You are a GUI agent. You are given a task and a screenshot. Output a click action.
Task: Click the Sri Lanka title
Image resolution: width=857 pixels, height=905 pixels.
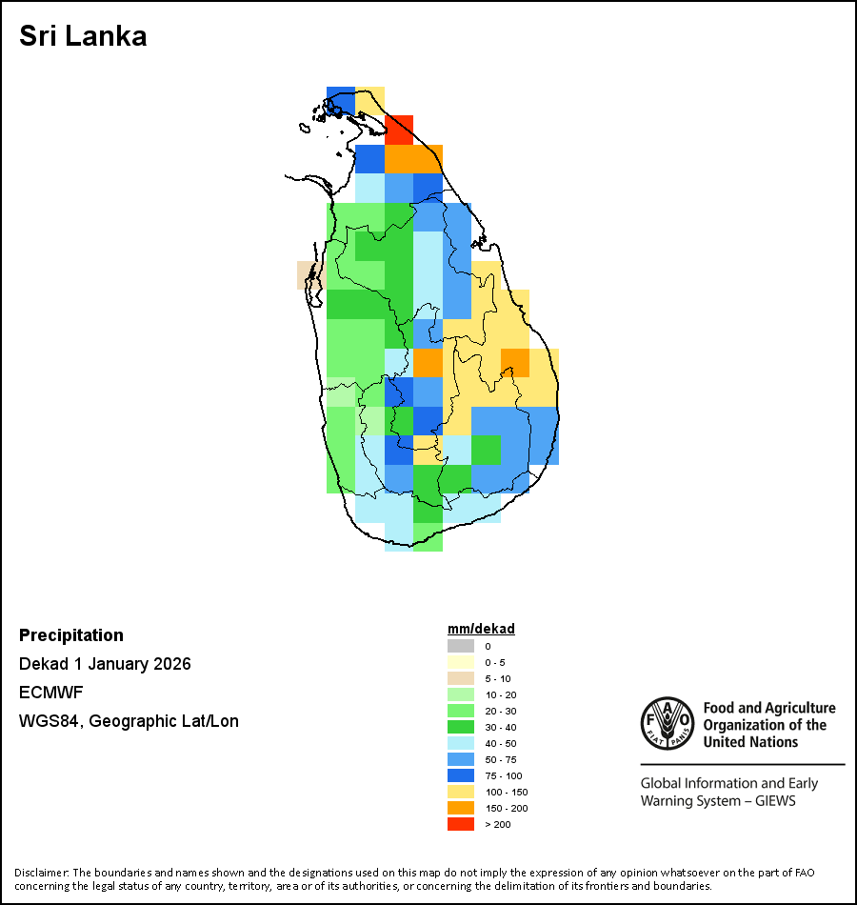(x=83, y=37)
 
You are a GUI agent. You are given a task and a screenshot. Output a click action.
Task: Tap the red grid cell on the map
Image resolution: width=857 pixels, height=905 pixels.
(x=399, y=130)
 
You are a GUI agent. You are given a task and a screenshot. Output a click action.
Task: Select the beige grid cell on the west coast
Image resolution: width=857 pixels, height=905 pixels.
(x=309, y=274)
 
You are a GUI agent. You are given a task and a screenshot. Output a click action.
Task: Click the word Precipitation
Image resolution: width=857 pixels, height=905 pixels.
(x=71, y=635)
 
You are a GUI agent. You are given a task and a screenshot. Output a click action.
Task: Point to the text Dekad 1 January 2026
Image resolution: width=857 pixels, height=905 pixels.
(x=105, y=664)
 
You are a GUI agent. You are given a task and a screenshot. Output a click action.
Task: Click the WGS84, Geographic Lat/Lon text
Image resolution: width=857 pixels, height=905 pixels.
(x=129, y=721)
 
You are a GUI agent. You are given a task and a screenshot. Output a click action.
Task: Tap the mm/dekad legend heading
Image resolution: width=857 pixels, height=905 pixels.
(x=481, y=629)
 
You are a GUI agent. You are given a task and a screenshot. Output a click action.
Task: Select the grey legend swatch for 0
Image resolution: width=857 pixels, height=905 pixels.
(x=461, y=646)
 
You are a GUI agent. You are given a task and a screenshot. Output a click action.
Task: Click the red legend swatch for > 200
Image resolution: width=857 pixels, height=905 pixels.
(x=461, y=824)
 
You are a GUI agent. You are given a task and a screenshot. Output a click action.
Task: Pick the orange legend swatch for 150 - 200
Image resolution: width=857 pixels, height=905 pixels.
(x=461, y=808)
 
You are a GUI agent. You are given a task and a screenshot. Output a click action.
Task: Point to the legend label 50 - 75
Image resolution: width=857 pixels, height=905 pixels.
(x=501, y=759)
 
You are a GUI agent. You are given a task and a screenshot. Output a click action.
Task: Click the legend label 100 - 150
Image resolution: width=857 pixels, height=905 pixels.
(x=506, y=792)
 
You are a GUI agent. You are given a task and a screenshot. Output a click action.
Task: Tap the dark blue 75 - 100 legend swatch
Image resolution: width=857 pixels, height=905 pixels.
(x=461, y=775)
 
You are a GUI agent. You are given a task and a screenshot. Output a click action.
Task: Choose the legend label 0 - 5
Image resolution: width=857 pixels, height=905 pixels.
(x=494, y=662)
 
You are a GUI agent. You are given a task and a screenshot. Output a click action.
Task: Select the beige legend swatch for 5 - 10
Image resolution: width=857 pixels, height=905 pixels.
(x=461, y=678)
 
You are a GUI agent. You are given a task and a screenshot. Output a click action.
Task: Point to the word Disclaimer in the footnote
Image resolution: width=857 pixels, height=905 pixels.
(x=41, y=873)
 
